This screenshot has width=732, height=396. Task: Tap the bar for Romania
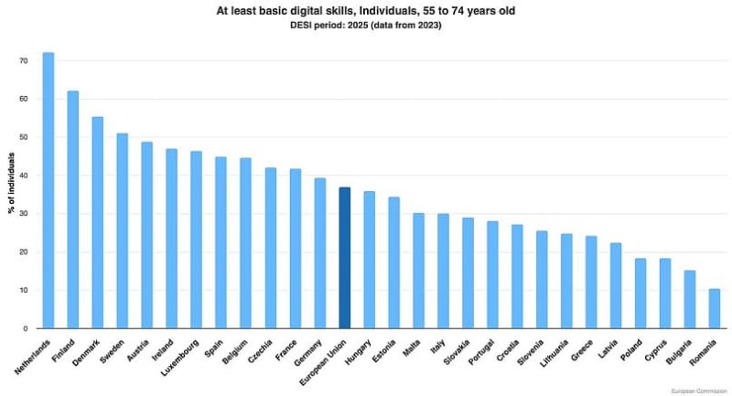715,309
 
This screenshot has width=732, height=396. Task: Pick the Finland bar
73,209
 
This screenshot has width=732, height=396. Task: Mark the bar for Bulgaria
690,299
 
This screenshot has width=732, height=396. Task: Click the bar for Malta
418,271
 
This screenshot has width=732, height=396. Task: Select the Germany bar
319,253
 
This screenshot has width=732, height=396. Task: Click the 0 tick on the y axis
25,328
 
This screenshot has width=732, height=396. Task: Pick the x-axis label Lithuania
554,353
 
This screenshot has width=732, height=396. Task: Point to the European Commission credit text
696,390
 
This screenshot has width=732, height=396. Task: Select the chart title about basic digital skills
366,10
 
